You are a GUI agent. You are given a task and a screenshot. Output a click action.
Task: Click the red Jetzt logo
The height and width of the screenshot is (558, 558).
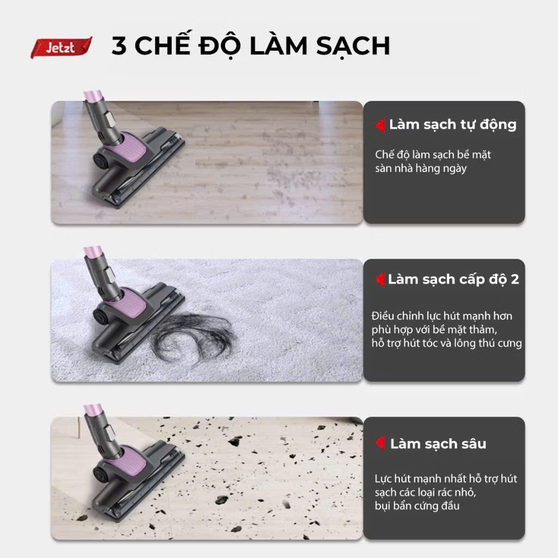coord(61,47)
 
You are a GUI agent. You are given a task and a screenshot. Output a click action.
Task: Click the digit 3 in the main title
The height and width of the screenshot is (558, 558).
coord(119,46)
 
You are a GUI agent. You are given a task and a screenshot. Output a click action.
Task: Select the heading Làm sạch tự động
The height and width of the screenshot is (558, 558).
coord(452,124)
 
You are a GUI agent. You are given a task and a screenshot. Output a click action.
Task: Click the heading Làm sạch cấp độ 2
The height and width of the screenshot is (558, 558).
coord(453,280)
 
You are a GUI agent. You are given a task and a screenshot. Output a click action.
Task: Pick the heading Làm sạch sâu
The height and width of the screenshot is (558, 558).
coord(438,443)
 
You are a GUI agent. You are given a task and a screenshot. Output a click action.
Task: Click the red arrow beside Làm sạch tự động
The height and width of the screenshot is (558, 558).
coord(380,125)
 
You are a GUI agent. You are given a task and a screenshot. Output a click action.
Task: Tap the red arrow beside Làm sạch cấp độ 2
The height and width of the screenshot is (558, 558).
coord(380,280)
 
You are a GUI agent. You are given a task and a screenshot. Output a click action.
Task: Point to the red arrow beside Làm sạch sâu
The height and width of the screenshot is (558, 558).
coord(380,443)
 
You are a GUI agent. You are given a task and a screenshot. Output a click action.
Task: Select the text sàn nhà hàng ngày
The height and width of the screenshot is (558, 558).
coord(421,168)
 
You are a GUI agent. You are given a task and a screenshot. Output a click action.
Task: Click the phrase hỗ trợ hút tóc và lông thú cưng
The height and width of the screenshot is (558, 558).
coord(446,343)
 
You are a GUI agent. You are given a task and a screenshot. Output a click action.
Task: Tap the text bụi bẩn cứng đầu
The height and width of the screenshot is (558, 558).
coord(417,506)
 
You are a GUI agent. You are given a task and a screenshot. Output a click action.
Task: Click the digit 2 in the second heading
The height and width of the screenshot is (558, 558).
coord(514,280)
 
